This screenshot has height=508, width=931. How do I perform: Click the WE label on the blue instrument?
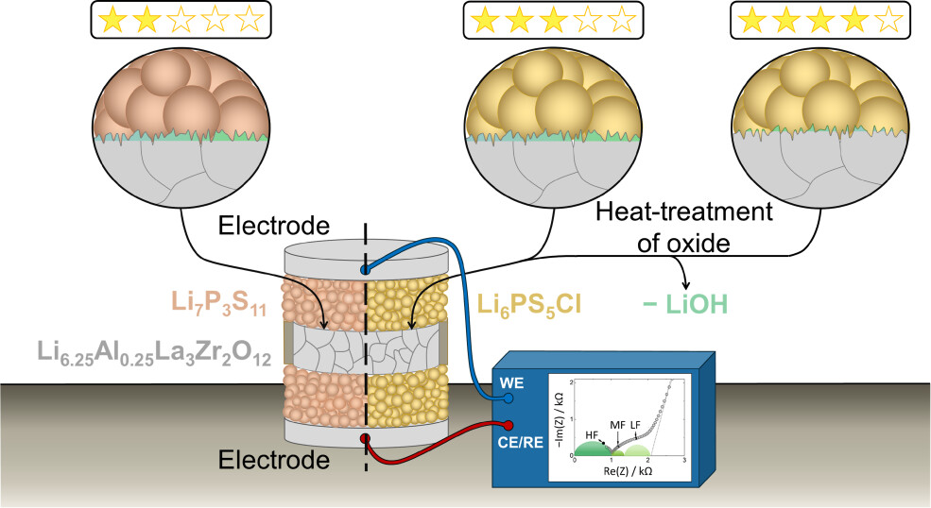coord(511,382)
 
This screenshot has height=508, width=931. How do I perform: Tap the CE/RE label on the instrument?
coord(521,442)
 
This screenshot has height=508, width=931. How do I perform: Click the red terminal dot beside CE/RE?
coord(509,425)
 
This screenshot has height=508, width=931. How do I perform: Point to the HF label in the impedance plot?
coord(592,435)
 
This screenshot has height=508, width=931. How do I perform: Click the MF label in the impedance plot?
coord(618,426)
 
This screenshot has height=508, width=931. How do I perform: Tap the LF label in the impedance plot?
coord(635,425)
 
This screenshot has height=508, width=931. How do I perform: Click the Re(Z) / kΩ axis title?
coord(628,471)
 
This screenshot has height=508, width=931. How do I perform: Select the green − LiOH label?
coord(685,304)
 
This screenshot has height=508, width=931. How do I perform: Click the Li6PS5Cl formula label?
coord(529,305)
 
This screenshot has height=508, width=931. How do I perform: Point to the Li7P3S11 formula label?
coord(219,303)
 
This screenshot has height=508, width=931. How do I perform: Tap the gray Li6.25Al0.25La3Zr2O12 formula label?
coord(154,353)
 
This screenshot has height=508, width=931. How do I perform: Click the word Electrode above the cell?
coord(274,226)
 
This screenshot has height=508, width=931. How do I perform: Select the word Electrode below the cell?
coord(274,460)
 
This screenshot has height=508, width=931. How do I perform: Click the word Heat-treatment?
coord(684,212)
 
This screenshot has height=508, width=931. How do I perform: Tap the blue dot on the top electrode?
coord(365,271)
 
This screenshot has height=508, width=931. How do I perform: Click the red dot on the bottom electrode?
coord(365,438)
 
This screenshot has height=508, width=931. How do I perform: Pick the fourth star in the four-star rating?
coord(854,20)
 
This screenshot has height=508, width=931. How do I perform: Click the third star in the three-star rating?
coord(553,20)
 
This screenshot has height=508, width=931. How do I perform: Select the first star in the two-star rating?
coord(112,20)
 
